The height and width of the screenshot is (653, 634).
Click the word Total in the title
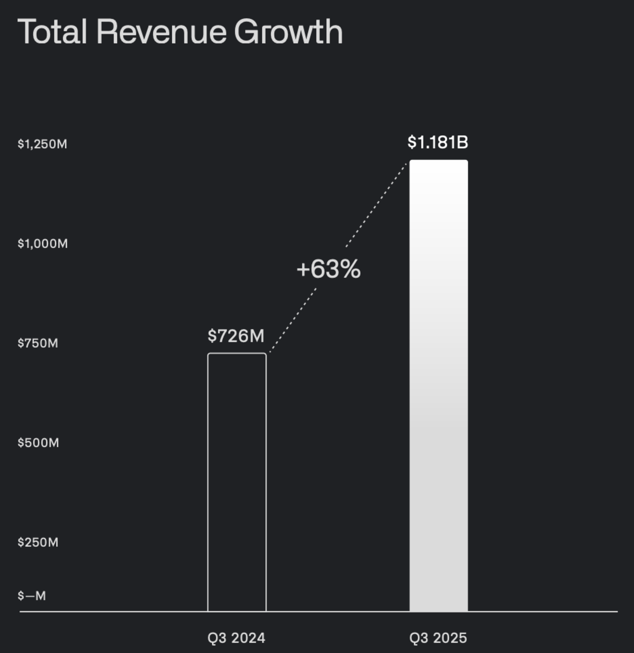point(52,32)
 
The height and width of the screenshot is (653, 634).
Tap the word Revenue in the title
point(161,32)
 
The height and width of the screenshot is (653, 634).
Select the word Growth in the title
point(288,32)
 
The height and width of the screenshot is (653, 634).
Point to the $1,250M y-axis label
point(42,144)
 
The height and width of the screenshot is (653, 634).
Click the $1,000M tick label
point(43,244)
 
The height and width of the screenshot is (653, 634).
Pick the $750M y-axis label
point(38,343)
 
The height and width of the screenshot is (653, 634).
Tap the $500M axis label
point(38,443)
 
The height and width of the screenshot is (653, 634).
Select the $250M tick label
point(38,542)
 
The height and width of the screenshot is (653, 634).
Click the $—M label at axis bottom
point(32,596)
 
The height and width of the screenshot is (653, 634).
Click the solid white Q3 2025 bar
point(439,385)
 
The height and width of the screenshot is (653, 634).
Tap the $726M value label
point(236,336)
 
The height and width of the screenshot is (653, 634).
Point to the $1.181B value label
point(438,142)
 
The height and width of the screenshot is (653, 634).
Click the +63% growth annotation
point(328,269)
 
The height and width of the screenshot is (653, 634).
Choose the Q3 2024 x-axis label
point(236,638)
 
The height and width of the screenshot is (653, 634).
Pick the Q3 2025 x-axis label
point(438,638)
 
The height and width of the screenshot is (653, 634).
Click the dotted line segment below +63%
point(293,320)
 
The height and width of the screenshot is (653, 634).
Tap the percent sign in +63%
point(350,269)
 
